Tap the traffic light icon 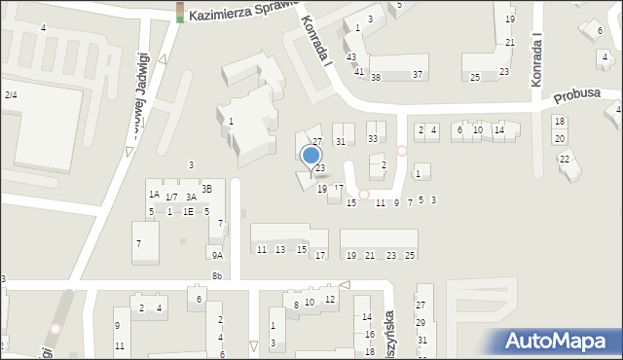[x=180, y=12]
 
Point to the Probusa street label [x=574, y=97]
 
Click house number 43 [x=351, y=57]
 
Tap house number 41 [x=359, y=72]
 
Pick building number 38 [x=375, y=77]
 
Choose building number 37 [x=418, y=75]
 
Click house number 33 [x=373, y=139]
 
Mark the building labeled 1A [x=154, y=194]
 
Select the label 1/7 [x=171, y=198]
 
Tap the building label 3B [x=206, y=189]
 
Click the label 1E [x=188, y=211]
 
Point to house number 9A [x=218, y=255]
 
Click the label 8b [x=217, y=276]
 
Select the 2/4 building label [x=11, y=94]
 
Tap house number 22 [x=564, y=159]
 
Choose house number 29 [x=421, y=322]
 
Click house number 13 [x=280, y=250]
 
